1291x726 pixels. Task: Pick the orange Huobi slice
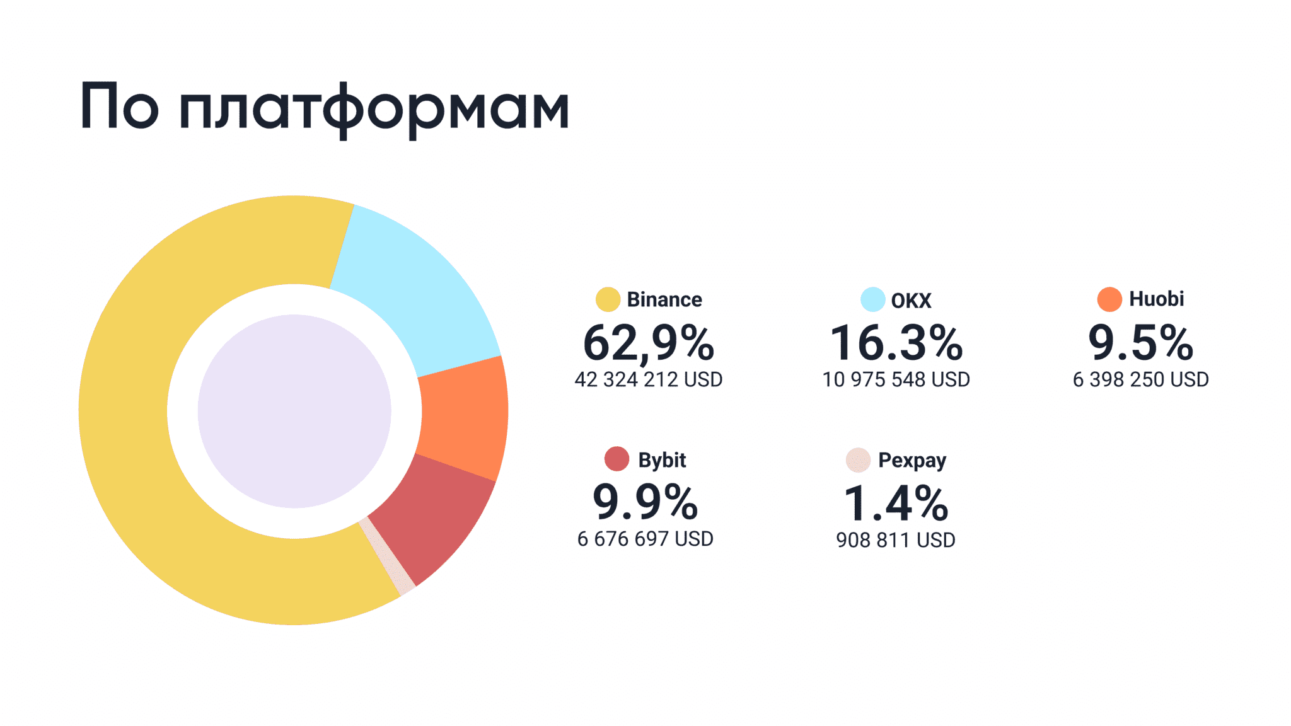pos(463,419)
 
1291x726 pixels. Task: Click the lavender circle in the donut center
pos(294,411)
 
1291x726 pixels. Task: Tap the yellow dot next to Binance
pos(608,299)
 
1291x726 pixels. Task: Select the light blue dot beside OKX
pos(873,299)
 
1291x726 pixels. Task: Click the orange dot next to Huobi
pos(1109,299)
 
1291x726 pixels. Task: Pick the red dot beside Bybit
pos(617,459)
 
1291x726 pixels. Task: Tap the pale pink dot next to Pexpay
pos(858,460)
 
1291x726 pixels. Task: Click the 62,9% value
pos(649,343)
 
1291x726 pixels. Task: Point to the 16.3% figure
pos(896,343)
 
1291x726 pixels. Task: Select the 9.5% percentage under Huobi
pos(1141,343)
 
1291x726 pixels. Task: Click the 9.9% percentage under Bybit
pos(645,502)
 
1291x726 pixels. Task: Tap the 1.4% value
pos(896,504)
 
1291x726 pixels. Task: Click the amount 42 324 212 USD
pos(649,379)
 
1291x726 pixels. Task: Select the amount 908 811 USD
pos(896,540)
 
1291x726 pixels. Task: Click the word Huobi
pos(1157,299)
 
